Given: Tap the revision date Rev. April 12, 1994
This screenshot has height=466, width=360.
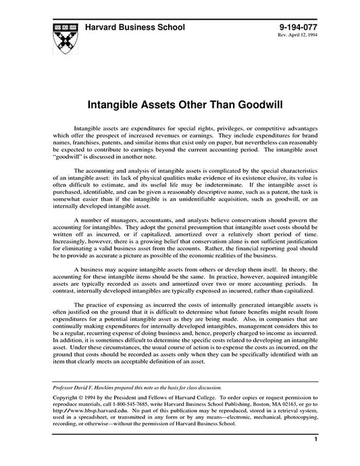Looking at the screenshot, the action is click(x=298, y=36).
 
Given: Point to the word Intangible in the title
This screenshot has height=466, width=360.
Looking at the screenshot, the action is click(x=116, y=105).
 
